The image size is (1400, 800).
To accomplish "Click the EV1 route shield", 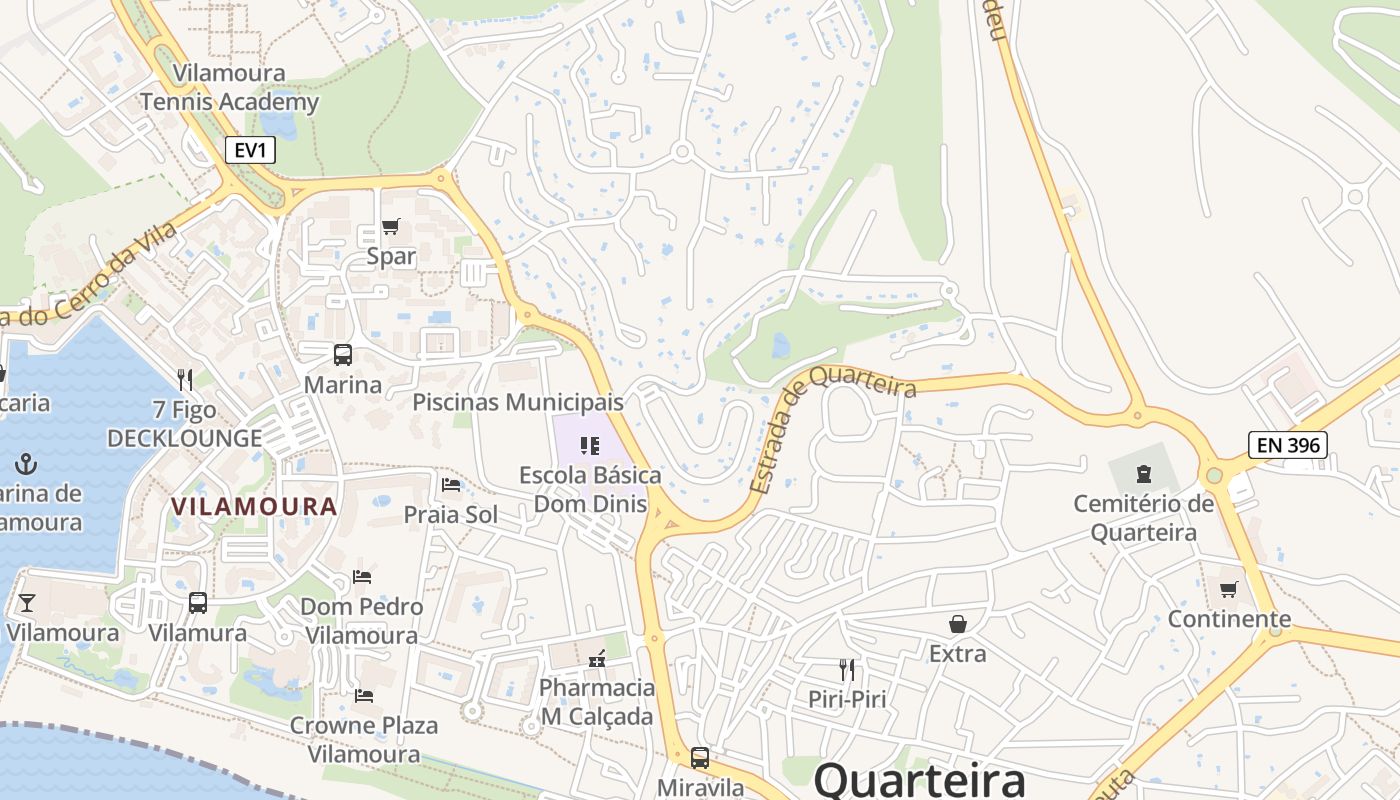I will click(249, 150).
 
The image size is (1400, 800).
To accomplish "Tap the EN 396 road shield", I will click(1288, 445).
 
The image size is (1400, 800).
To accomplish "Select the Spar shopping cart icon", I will click(390, 227).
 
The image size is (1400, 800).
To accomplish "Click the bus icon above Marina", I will click(343, 354).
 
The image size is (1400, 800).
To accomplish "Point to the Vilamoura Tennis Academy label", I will click(229, 87).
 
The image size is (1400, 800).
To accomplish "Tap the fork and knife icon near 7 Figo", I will click(185, 379).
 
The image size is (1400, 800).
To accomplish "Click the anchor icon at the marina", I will click(26, 464).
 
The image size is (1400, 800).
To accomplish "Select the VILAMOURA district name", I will click(254, 506).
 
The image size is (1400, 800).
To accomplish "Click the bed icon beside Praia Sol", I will click(451, 485).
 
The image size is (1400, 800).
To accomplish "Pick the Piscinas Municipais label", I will click(518, 402).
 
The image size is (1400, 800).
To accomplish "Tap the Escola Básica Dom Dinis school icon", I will click(589, 445).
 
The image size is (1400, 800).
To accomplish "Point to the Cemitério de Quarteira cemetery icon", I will click(1143, 474).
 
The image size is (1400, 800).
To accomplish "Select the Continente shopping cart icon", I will click(1229, 589).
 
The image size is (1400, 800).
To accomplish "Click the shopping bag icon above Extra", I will click(957, 624).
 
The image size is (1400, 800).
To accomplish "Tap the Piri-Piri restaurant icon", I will click(847, 669).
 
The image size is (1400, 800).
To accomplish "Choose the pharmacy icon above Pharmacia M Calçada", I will click(597, 658).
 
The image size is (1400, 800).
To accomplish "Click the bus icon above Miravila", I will click(700, 758).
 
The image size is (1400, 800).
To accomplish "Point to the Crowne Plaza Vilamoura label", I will click(364, 739).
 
